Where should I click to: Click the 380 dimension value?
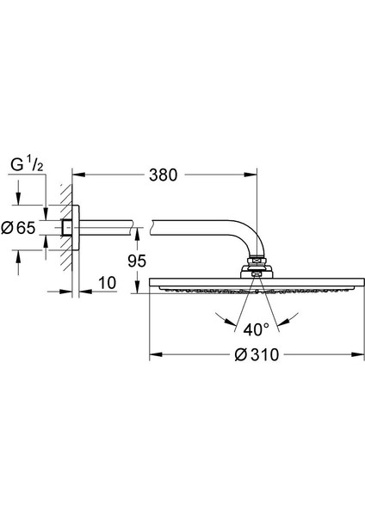[163, 175]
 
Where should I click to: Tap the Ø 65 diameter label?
[18, 228]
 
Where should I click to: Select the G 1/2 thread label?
[27, 164]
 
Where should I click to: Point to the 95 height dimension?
[137, 261]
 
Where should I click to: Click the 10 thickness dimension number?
[108, 283]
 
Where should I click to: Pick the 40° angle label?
[256, 329]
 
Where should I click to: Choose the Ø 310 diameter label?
[257, 354]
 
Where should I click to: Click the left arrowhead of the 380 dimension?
[79, 175]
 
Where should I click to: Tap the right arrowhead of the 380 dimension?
[250, 175]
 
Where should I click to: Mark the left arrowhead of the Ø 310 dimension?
[156, 354]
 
